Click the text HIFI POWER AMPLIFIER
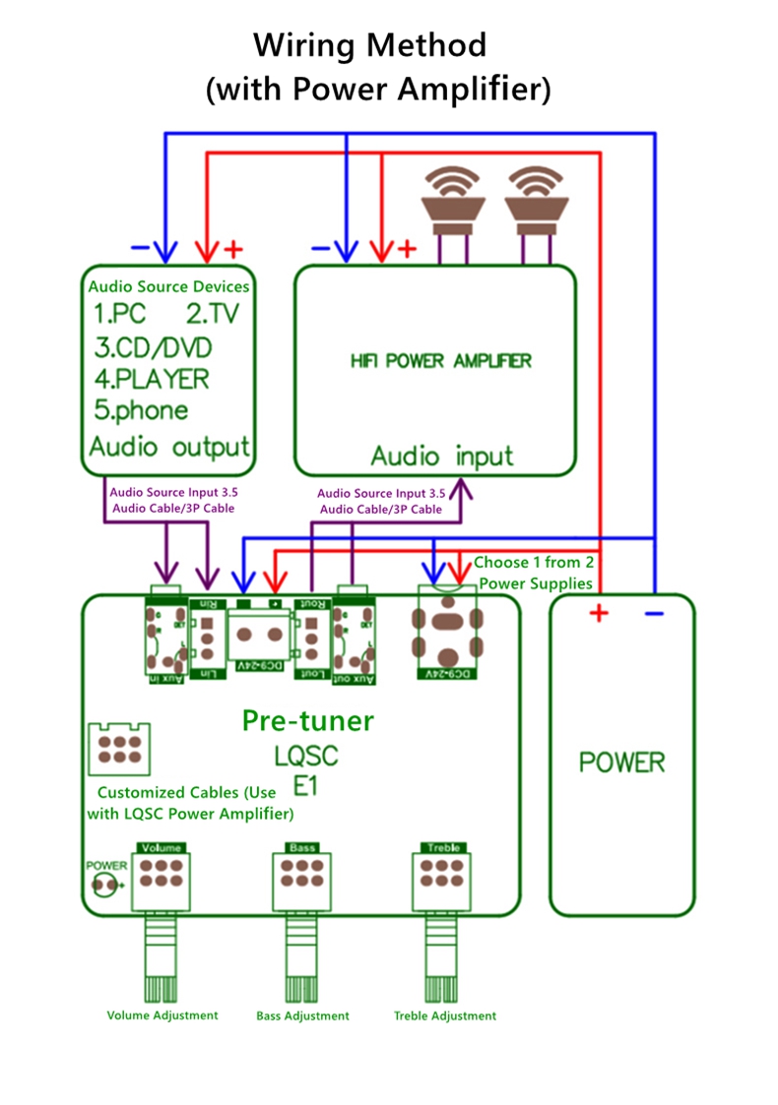[x=440, y=360]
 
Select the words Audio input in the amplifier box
[x=441, y=457]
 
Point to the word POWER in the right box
[x=621, y=762]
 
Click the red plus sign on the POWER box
[x=599, y=614]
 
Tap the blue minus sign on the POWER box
[x=653, y=614]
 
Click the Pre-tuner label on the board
[x=307, y=721]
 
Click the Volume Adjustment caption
[x=162, y=1014]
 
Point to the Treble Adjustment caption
[x=445, y=1015]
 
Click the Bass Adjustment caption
[x=302, y=1015]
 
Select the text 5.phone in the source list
[x=141, y=410]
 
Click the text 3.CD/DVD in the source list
[x=153, y=348]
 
